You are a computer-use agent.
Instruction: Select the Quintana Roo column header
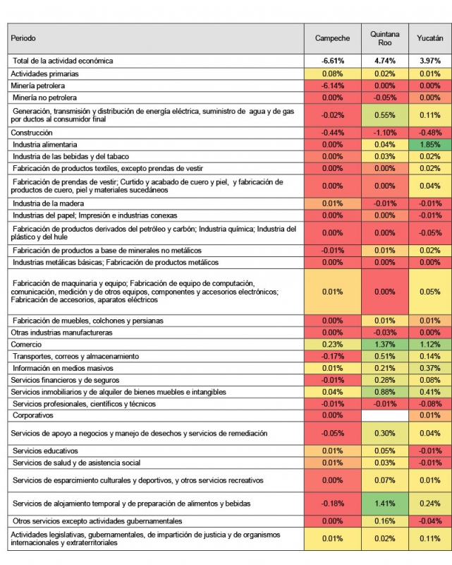[x=384, y=38]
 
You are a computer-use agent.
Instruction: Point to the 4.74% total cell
[x=384, y=61]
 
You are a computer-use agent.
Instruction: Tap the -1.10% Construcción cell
[x=384, y=132]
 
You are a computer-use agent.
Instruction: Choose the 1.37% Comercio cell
[x=384, y=344]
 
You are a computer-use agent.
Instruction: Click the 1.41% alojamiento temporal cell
[x=384, y=504]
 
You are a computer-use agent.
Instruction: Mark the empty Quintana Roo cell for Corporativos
[x=384, y=416]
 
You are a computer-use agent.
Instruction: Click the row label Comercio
[x=27, y=344]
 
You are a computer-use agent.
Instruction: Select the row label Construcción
[x=32, y=132]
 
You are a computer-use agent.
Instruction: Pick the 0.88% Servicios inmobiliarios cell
[x=384, y=392]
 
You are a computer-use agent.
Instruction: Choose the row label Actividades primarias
[x=44, y=73]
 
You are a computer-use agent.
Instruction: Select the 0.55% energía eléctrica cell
[x=384, y=114]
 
